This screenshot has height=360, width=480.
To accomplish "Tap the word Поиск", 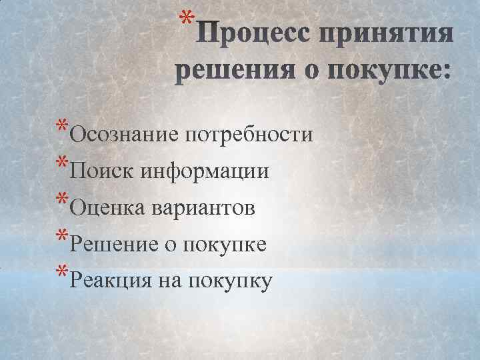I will point(101,172).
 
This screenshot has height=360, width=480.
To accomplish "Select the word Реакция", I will point(111,282).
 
